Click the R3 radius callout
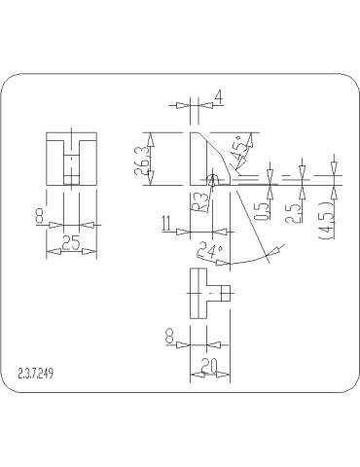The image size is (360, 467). click(x=197, y=201)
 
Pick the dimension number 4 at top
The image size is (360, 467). click(x=219, y=97)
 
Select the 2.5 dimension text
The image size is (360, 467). click(x=289, y=212)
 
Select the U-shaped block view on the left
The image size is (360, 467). click(x=70, y=159)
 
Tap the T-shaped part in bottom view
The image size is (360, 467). click(x=206, y=292)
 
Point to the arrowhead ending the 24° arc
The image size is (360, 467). click(x=272, y=252)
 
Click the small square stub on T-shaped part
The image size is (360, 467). click(x=226, y=292)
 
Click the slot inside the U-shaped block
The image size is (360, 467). click(x=70, y=165)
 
